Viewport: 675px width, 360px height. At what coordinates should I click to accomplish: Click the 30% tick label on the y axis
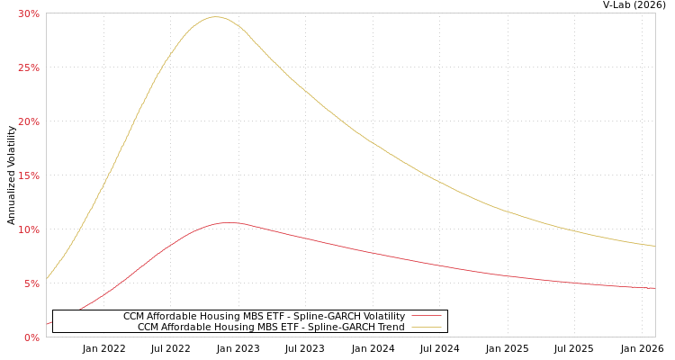point(29,13)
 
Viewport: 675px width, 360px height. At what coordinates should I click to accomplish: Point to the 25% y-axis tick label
point(29,67)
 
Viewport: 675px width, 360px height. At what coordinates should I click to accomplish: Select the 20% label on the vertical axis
point(29,121)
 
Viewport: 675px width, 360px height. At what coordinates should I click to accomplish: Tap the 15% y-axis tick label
point(29,175)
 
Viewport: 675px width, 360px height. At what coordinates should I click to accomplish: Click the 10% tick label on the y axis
point(29,229)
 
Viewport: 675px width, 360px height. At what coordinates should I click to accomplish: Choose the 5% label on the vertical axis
point(31,283)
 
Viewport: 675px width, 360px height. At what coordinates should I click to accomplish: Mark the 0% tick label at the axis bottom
point(31,337)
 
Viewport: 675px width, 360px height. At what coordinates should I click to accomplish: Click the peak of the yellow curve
point(216,17)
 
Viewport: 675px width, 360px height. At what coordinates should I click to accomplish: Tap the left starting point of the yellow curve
point(47,278)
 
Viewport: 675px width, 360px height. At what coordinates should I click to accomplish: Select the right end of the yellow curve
point(654,246)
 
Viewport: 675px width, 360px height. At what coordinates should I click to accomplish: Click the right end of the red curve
point(654,288)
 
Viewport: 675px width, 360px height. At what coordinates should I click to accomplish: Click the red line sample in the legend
point(427,316)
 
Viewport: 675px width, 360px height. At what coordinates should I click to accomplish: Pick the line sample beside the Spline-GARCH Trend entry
point(427,327)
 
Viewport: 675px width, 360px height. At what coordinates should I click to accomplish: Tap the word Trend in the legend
point(391,327)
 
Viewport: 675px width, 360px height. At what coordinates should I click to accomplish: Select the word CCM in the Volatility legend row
point(135,316)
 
